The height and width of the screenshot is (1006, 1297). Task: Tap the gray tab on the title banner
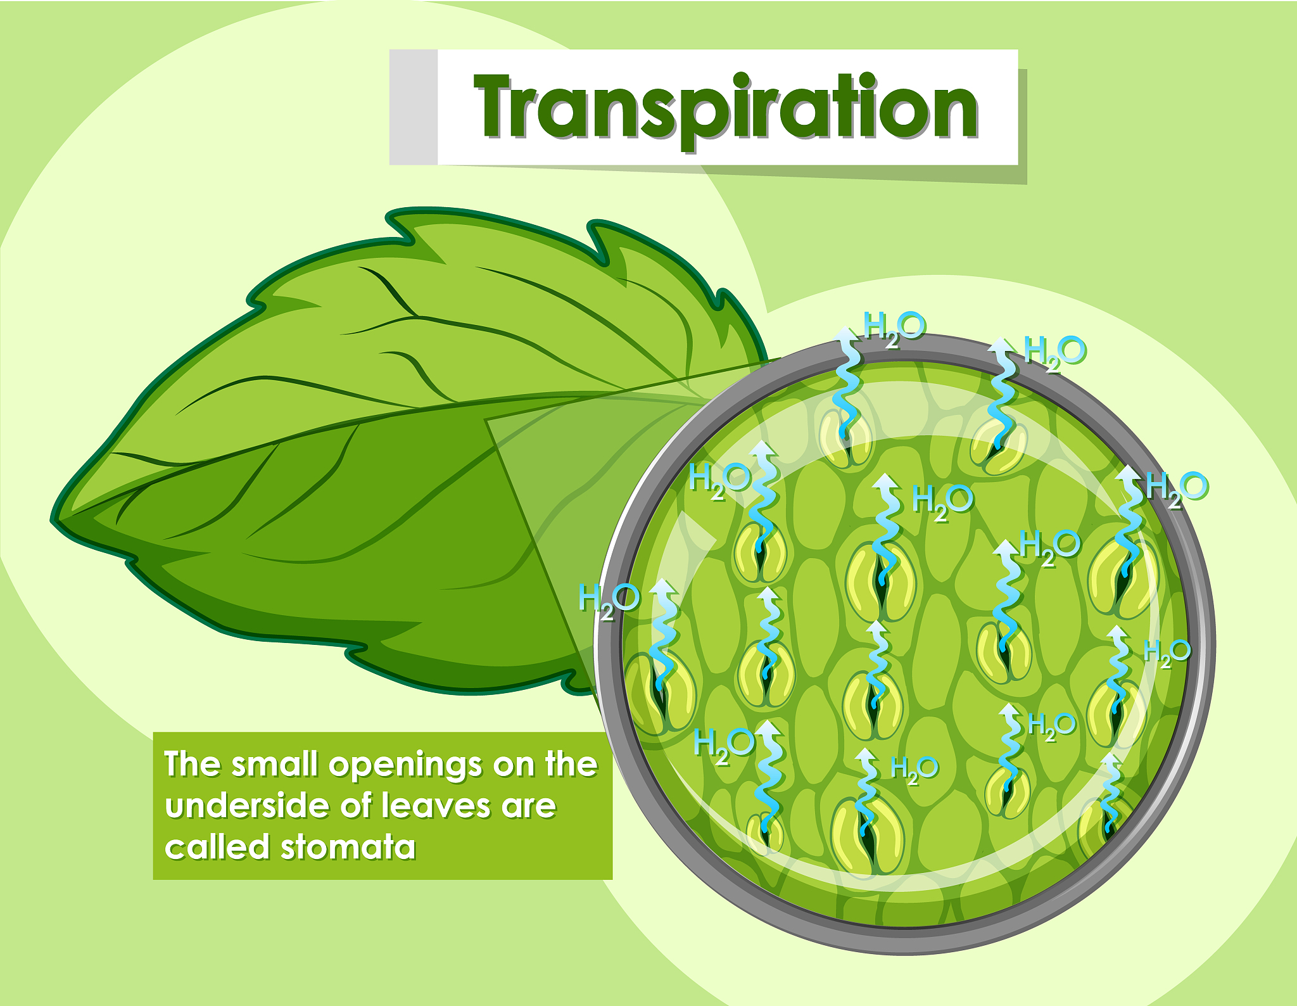click(413, 106)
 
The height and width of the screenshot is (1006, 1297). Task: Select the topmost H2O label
click(894, 328)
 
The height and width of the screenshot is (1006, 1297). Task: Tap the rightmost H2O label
click(1177, 489)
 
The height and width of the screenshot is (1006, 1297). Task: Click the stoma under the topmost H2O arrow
click(845, 438)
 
